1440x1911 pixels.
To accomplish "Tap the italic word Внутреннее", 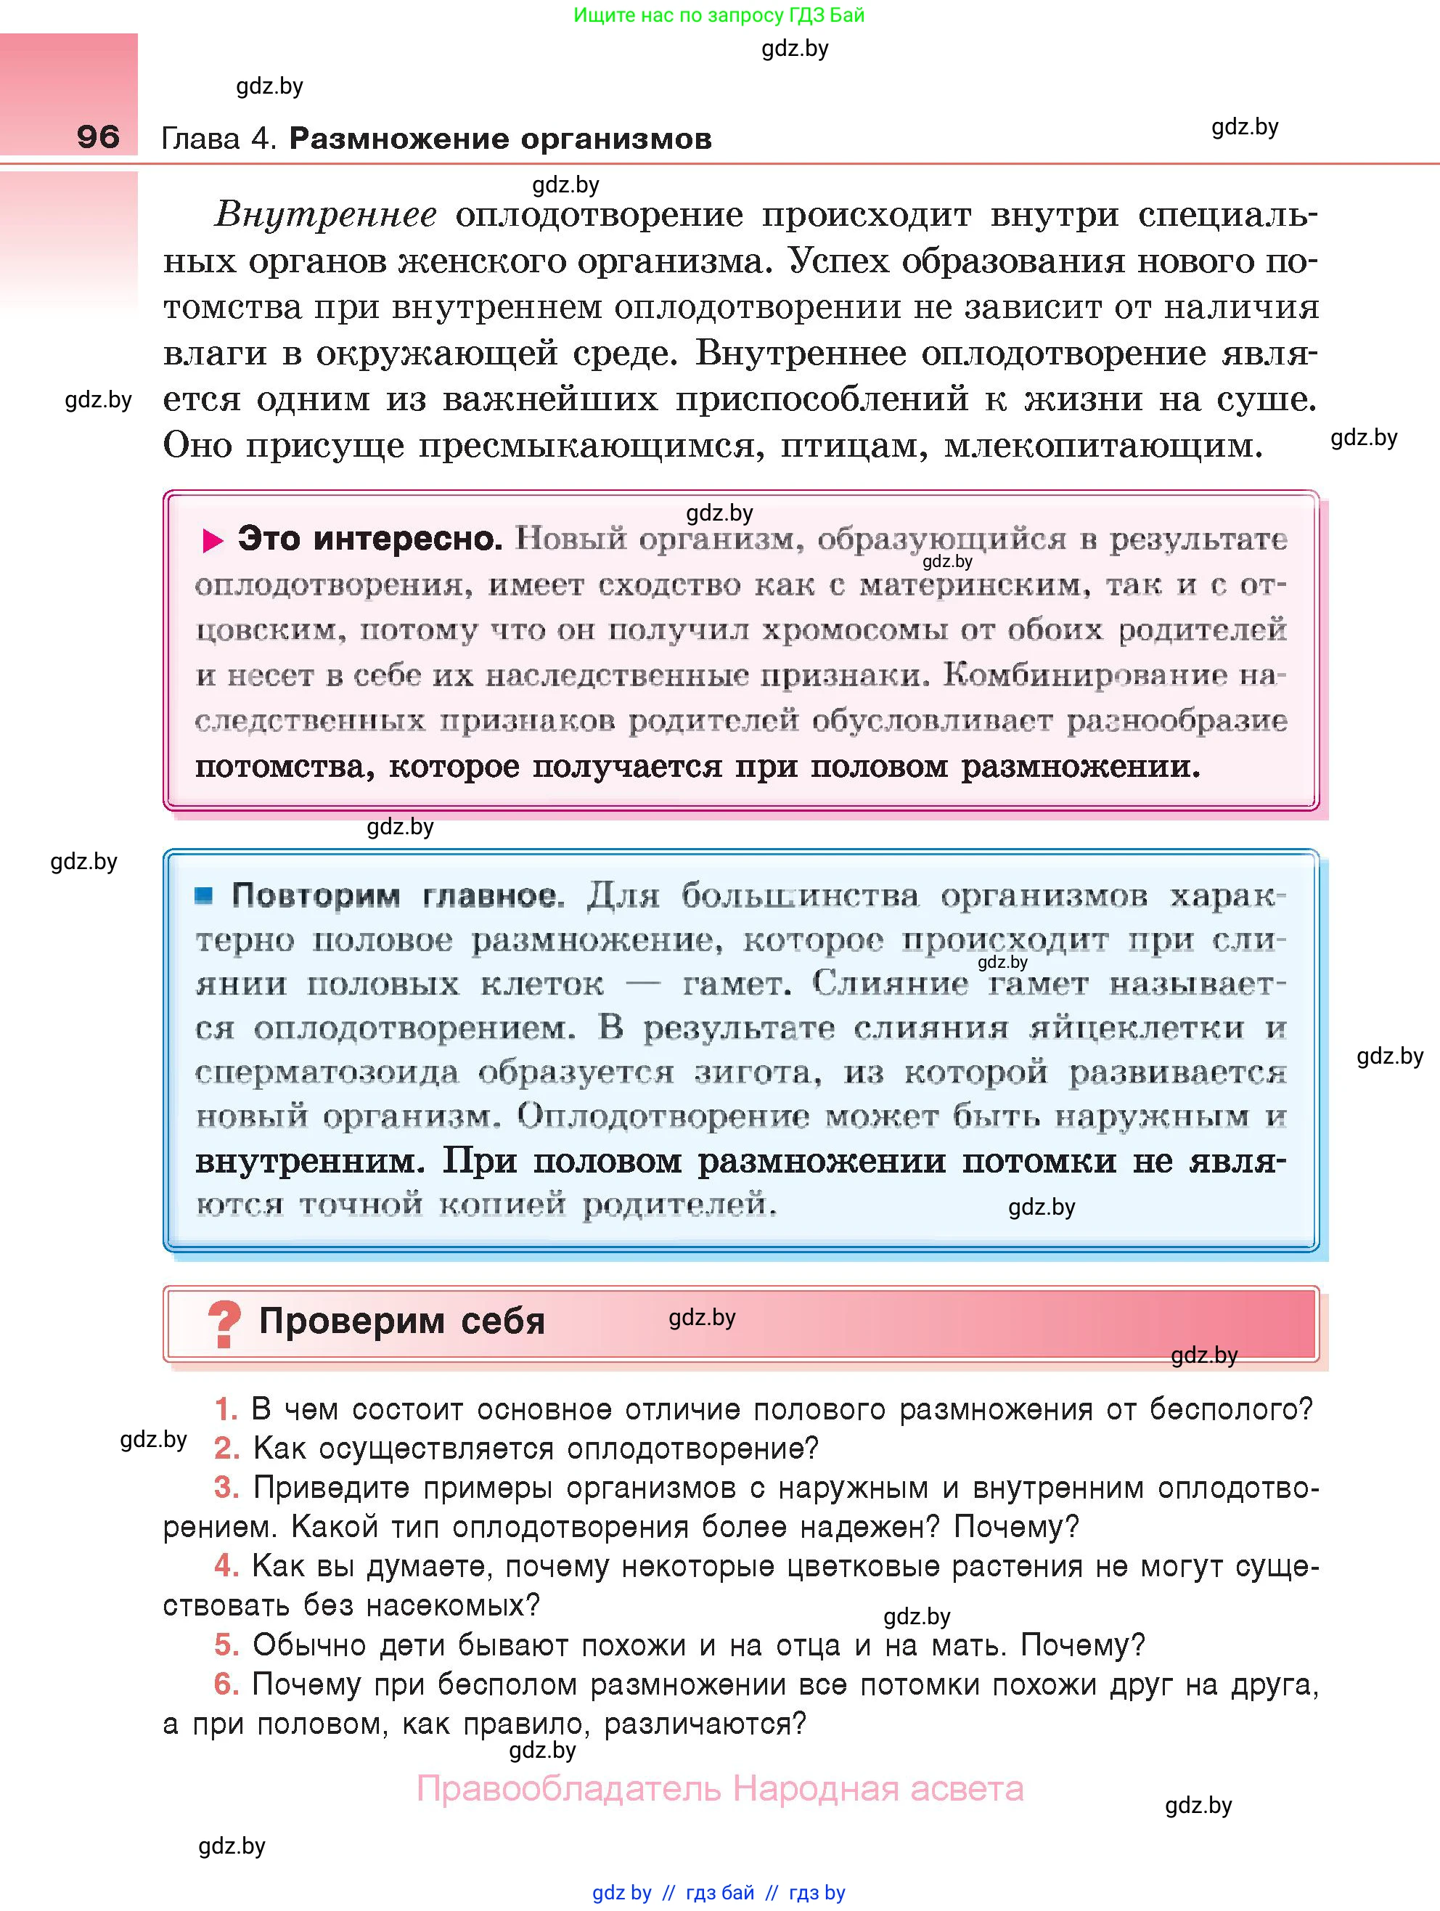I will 326,214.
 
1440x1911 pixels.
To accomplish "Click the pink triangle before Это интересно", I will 213,541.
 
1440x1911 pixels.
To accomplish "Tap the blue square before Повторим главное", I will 204,896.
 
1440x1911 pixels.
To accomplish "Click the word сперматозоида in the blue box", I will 327,1073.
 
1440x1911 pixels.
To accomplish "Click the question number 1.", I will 226,1409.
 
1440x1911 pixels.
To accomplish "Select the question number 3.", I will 226,1488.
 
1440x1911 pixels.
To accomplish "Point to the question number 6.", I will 226,1684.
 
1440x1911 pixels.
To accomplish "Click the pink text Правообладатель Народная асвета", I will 719,1788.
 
